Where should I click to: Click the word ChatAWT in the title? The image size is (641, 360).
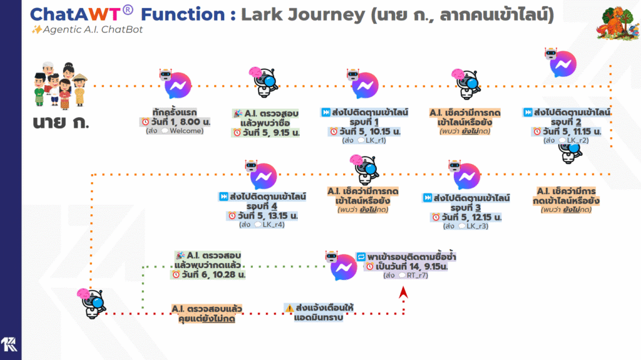[78, 14]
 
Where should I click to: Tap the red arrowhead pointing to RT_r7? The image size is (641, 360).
[404, 292]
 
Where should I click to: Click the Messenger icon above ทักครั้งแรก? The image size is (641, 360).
[177, 85]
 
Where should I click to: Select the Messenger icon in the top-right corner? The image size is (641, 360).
[563, 64]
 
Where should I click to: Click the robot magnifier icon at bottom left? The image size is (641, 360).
[91, 302]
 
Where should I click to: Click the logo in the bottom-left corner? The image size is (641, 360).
[10, 346]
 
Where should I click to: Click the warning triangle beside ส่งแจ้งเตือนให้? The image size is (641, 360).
[289, 308]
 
